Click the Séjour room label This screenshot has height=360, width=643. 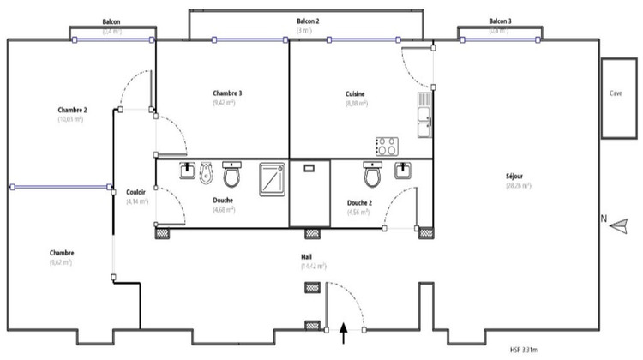[x=518, y=177]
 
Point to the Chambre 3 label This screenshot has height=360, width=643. [x=227, y=93]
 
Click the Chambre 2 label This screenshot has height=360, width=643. [x=73, y=110]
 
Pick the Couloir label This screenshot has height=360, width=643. [x=135, y=192]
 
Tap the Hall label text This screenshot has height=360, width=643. [x=306, y=256]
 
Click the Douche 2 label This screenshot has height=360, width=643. [x=358, y=203]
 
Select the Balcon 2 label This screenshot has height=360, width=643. [x=308, y=21]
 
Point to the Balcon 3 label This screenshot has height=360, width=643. [x=500, y=21]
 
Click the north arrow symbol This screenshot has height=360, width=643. [x=619, y=222]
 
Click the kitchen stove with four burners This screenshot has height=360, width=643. [x=386, y=146]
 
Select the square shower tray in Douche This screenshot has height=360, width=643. [x=272, y=176]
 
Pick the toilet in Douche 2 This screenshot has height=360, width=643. [x=373, y=176]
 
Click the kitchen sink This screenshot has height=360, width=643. [x=424, y=117]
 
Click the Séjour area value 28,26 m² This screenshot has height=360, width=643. [x=518, y=185]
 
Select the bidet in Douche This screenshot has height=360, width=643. [x=206, y=175]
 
